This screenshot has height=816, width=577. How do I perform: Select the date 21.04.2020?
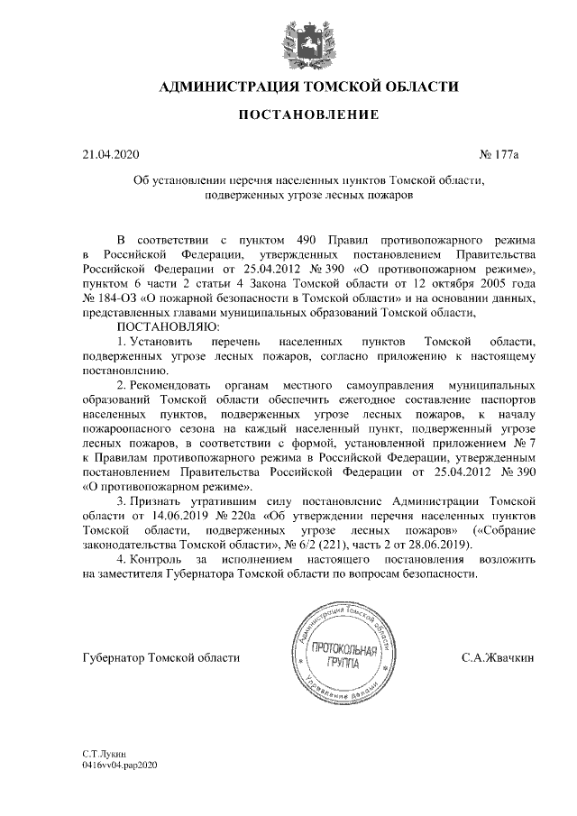click(107, 154)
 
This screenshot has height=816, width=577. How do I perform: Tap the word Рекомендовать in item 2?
click(168, 383)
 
